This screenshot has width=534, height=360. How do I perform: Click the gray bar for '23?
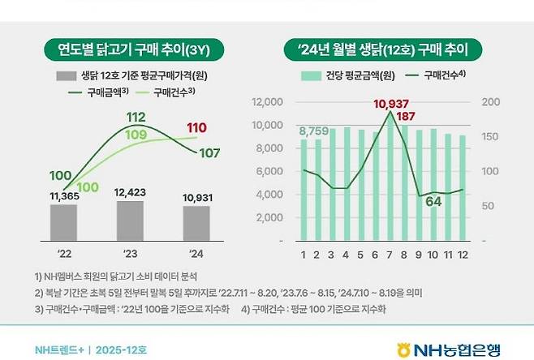tap(130, 221)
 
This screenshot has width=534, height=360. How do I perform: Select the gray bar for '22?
tap(63, 222)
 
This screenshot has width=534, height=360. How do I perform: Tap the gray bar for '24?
tap(196, 224)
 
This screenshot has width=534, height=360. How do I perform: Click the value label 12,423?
tap(130, 193)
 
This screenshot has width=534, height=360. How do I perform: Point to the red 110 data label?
tap(196, 128)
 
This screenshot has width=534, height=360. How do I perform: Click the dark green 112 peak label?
tap(136, 118)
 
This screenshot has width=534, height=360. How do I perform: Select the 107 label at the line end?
tap(209, 153)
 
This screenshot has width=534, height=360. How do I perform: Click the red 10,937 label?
tap(391, 104)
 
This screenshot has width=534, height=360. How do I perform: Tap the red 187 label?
tap(405, 117)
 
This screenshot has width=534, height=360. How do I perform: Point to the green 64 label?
tap(433, 202)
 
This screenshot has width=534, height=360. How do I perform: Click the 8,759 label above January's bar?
tap(314, 131)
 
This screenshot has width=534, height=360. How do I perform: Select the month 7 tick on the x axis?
tap(390, 255)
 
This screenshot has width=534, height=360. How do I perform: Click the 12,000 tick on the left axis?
tap(267, 101)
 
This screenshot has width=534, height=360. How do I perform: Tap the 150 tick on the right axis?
tap(490, 136)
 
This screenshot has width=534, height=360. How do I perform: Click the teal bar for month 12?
tap(463, 188)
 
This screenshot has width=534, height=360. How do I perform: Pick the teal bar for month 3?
tap(333, 185)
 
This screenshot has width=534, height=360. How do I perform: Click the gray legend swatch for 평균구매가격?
tap(67, 76)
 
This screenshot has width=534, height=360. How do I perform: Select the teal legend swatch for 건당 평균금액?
tap(312, 76)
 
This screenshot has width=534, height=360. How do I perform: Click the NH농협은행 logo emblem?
tap(404, 350)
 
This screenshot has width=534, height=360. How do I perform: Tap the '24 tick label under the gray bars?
tap(196, 254)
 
